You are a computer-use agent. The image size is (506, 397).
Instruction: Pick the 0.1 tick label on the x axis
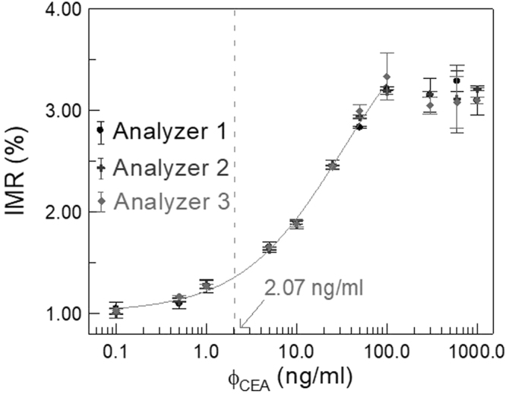115,351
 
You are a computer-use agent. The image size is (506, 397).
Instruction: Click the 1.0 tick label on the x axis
205,351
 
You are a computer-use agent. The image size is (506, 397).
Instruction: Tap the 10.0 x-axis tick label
296,351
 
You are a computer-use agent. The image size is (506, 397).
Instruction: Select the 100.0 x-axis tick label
386,351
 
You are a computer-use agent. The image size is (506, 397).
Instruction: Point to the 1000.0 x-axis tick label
474,351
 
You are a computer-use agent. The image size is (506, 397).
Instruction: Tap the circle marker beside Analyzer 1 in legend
100,131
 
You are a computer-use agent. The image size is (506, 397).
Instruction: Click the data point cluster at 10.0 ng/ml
296,224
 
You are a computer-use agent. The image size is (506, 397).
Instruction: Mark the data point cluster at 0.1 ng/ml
115,310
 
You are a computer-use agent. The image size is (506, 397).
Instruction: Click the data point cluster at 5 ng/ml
269,247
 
